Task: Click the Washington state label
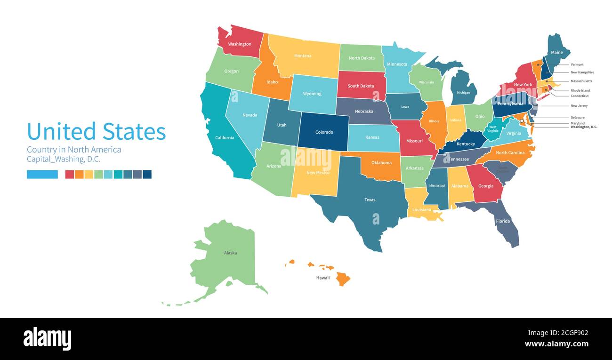pyautogui.click(x=240, y=44)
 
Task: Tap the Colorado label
pyautogui.click(x=324, y=132)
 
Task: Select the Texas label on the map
pyautogui.click(x=370, y=200)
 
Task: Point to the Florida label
pyautogui.click(x=503, y=221)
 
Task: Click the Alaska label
pyautogui.click(x=230, y=253)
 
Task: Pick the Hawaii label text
pyautogui.click(x=323, y=278)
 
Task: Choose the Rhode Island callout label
pyautogui.click(x=580, y=90)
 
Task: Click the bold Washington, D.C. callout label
pyautogui.click(x=584, y=127)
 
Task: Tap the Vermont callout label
pyautogui.click(x=577, y=64)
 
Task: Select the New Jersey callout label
pyautogui.click(x=579, y=106)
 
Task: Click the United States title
pyautogui.click(x=97, y=131)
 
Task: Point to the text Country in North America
pyautogui.click(x=74, y=150)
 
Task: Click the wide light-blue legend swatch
pyautogui.click(x=42, y=174)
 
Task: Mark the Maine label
pyautogui.click(x=557, y=53)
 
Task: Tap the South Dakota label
pyautogui.click(x=361, y=86)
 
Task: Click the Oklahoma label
pyautogui.click(x=381, y=163)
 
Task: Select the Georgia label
pyautogui.click(x=486, y=186)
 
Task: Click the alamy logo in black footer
pyautogui.click(x=48, y=339)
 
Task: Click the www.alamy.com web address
pyautogui.click(x=556, y=344)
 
